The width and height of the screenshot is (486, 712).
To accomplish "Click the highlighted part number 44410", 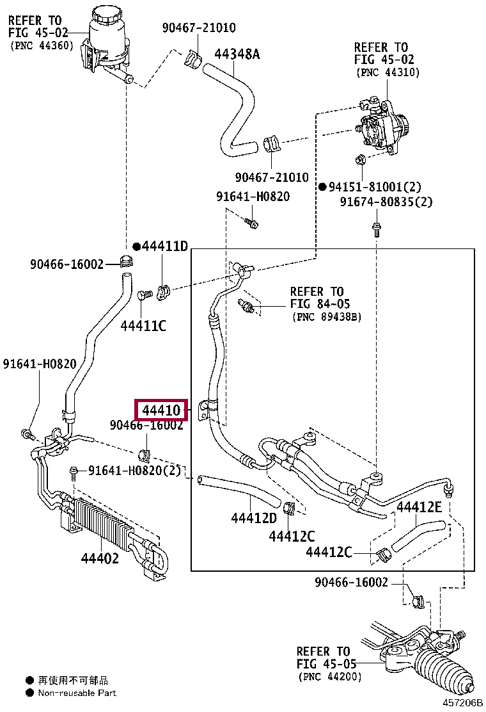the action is tap(161, 410).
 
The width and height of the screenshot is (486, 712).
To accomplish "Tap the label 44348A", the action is tap(237, 54).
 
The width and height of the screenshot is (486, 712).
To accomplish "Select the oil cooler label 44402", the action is tap(100, 558).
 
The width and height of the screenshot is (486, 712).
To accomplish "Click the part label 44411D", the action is tap(164, 247).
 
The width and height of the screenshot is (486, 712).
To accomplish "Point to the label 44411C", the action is tap(143, 325).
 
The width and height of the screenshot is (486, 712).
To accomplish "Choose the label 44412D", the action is tap(254, 518).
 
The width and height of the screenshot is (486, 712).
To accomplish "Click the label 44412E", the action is tap(419, 506).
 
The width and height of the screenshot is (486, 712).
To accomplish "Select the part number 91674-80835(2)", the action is tap(386, 202).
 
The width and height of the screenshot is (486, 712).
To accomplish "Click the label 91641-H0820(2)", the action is tap(135, 471).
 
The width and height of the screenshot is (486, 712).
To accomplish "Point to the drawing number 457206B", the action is tap(463, 703).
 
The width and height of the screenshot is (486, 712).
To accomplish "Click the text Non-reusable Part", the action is tap(77, 693).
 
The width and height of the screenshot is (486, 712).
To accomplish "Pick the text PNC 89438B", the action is tap(327, 317).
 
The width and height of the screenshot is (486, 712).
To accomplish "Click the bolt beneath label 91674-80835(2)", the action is tap(376, 229).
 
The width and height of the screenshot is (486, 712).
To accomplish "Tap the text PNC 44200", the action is tap(330, 677).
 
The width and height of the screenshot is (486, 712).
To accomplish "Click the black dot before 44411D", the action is tap(136, 247).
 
